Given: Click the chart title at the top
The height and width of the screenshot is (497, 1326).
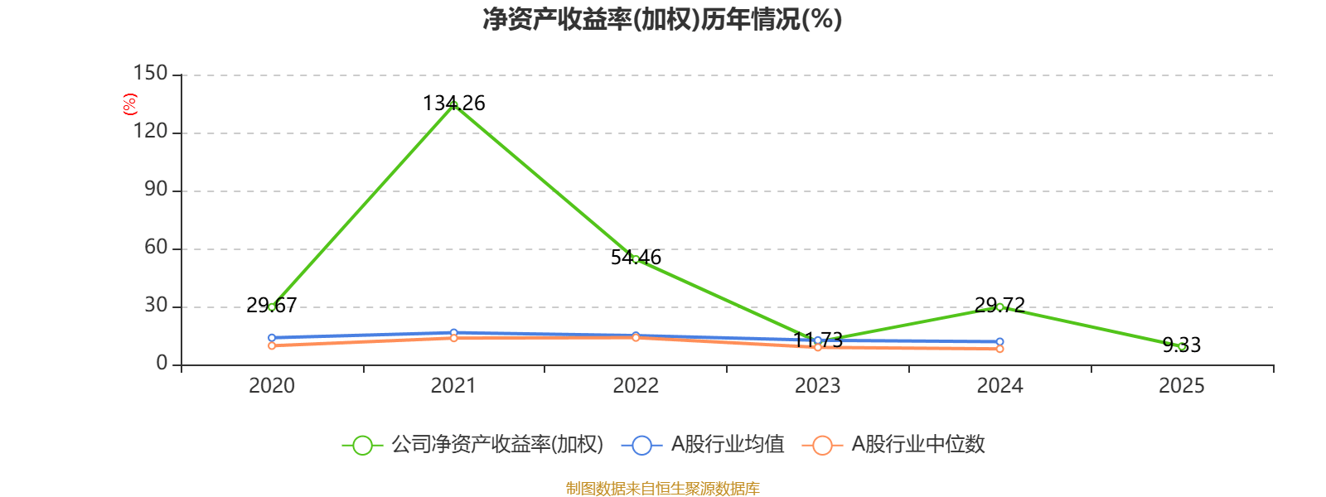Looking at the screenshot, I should (662, 19).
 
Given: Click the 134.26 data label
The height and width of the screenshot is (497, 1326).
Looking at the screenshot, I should (454, 104).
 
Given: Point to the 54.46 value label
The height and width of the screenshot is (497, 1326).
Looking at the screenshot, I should (636, 258).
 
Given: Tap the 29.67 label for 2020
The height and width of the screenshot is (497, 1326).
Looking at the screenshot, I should (272, 306).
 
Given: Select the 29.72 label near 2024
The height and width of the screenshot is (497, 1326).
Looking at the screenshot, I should (999, 305).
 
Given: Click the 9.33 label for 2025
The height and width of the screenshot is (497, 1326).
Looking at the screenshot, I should (1181, 345).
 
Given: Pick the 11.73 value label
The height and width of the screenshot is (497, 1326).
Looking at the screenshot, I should (818, 340).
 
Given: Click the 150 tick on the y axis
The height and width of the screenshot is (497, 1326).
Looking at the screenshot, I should (151, 74).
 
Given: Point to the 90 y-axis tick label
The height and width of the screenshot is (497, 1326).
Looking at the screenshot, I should (156, 190).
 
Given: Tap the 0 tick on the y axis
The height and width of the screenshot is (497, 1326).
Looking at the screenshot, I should (162, 364).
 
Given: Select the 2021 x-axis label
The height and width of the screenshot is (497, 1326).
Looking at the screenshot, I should (453, 385).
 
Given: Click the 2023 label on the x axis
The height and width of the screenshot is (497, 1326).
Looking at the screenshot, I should (817, 385).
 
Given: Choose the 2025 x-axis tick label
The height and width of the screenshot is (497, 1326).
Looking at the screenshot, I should (1181, 385).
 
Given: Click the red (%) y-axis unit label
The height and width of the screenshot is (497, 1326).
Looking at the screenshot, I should (129, 104).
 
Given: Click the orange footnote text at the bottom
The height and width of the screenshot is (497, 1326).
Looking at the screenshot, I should (662, 489).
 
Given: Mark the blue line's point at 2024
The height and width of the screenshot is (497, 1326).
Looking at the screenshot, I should (999, 342).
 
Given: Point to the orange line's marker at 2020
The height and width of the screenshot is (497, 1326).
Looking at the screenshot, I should (272, 345).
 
